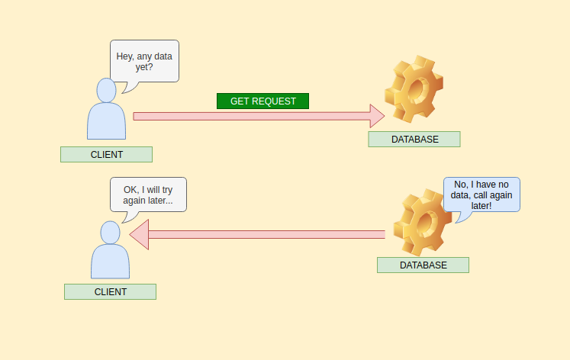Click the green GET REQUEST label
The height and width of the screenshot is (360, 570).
262,101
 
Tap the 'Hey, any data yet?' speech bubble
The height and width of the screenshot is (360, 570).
144,61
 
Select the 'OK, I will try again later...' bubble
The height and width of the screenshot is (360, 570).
148,194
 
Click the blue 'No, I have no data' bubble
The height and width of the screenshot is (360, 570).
481,194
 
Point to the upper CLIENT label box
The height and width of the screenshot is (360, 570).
107,154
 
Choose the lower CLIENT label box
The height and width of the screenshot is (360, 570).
110,291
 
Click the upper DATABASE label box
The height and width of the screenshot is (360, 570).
414,139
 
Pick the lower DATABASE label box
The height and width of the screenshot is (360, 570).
423,265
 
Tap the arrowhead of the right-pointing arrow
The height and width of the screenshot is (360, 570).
377,116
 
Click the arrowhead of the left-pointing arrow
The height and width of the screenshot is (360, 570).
139,235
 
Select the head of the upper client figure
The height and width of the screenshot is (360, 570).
107,90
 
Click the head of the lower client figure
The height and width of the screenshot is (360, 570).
110,233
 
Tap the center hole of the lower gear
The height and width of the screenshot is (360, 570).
426,222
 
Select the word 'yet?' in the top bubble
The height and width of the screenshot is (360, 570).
144,67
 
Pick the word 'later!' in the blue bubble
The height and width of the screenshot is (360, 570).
481,206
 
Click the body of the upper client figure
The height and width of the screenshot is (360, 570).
107,122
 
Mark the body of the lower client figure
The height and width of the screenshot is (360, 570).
110,262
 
